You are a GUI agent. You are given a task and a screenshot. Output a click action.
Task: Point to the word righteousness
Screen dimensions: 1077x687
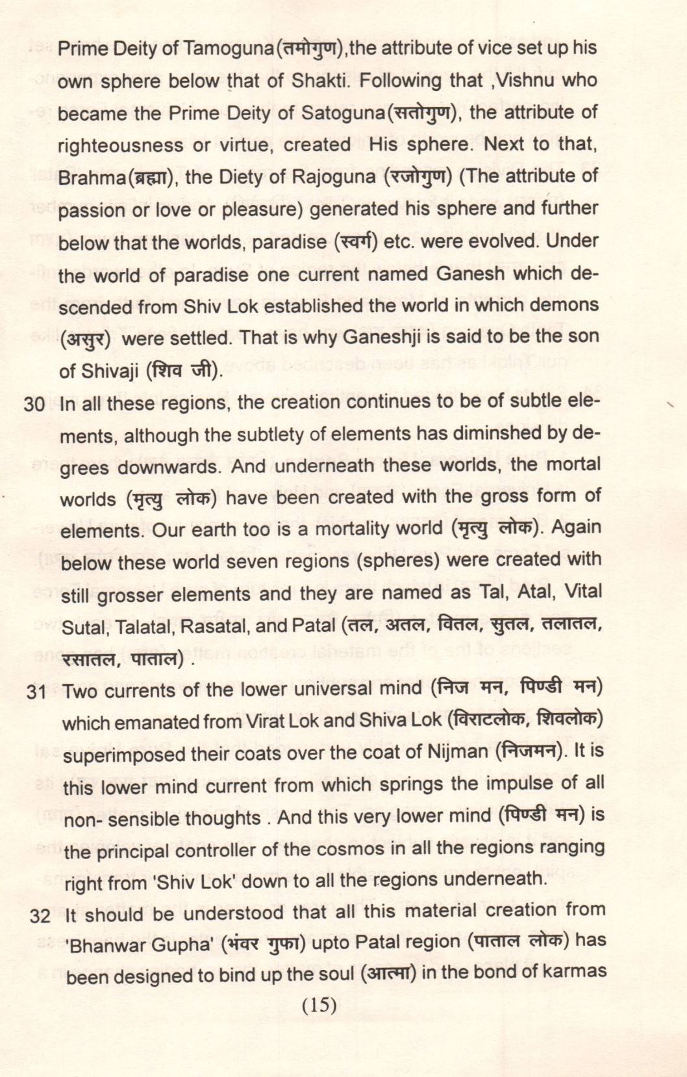(x=119, y=145)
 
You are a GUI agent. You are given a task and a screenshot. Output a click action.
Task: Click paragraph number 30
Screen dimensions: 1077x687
(x=34, y=405)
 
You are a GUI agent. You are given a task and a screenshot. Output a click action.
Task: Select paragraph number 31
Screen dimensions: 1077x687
(x=37, y=692)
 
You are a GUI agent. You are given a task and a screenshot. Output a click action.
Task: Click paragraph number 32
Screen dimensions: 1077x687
(x=40, y=916)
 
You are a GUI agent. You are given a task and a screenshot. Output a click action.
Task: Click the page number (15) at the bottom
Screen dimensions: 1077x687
(x=319, y=1005)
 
